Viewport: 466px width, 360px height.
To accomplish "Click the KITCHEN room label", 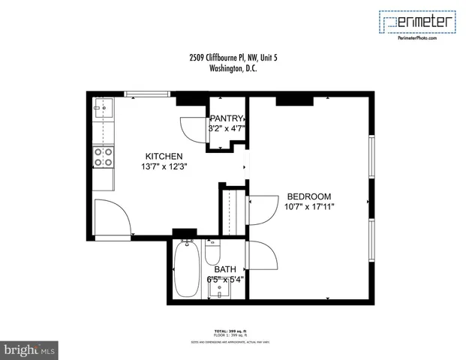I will tap(164, 156).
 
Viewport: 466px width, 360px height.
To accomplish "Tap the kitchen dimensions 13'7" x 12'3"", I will tap(164, 166).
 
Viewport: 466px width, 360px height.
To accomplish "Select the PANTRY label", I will tap(226, 118).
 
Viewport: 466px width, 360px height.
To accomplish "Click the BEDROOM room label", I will tap(308, 196).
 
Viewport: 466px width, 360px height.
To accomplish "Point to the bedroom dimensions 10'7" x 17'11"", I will tap(308, 207).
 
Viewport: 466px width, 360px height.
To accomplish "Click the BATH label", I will tap(225, 269).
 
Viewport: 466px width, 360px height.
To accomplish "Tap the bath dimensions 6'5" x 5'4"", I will tap(225, 280).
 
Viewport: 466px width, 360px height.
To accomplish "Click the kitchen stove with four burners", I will tap(103, 157).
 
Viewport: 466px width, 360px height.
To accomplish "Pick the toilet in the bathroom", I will tap(212, 250).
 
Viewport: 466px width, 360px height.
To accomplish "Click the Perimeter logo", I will tap(417, 24).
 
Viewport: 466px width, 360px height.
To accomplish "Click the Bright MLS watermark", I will tap(30, 349).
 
